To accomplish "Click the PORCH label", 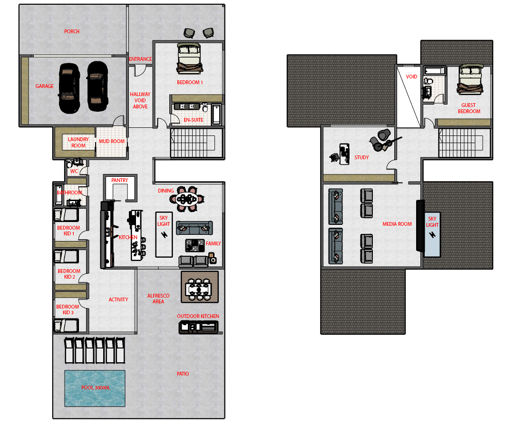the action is pos(72,31).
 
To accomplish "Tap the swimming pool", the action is pos(95,388).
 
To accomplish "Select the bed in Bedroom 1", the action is pos(189,58).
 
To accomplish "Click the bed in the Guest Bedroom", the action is pos(470,78).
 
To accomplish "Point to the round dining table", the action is pos(187,198).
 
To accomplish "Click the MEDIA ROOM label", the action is pos(397,224).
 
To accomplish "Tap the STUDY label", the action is pos(361,157).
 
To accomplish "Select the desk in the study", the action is pos(344,154).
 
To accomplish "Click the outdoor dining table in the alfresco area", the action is pos(198,289).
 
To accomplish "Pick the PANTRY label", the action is pos(119,181).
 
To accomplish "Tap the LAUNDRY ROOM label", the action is pos(78,143).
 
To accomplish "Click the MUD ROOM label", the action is pos(112,142).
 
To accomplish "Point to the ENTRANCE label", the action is pos(140,59).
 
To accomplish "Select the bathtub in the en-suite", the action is pos(216,114).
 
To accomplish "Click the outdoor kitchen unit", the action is pos(198,327).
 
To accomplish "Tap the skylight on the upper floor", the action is pos(432,234).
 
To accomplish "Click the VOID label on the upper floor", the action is pos(411,77).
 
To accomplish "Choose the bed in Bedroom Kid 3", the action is pos(66,326).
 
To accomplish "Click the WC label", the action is pos(74,172).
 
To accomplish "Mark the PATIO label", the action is pos(183,374).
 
